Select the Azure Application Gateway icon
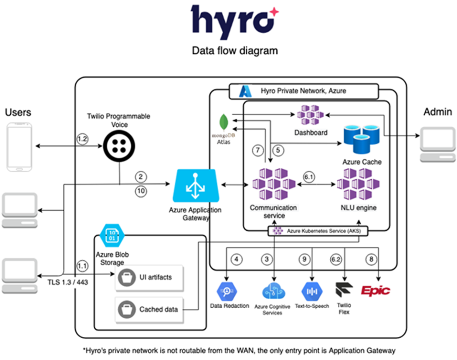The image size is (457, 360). coord(195,186)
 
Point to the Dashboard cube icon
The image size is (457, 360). coord(311,115)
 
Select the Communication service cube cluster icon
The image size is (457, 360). coord(273,184)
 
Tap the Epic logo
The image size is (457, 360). coord(375,291)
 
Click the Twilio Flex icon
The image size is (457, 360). coord(344,290)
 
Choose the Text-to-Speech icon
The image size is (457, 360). coord(312,291)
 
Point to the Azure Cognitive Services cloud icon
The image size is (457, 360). coord(272,291)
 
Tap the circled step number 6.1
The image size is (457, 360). coord(308,177)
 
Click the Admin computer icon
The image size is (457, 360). coord(438,142)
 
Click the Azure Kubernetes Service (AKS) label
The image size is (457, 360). coord(320,231)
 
